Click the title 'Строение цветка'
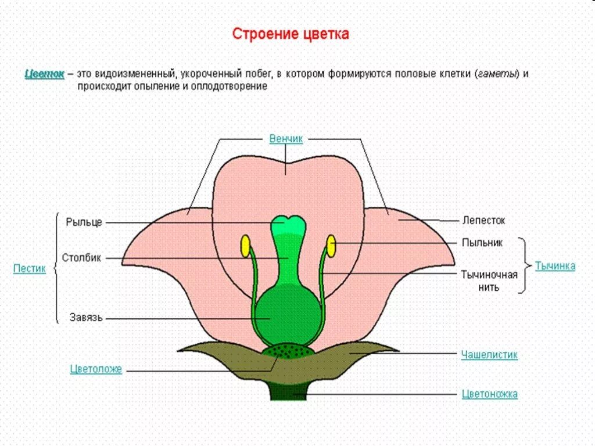(291, 34)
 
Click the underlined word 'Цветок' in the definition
(44, 74)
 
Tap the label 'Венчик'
(286, 139)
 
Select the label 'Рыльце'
(84, 222)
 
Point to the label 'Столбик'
(81, 257)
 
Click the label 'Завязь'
(86, 318)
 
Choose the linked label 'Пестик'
(29, 269)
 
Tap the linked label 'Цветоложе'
(96, 369)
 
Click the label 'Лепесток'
(484, 221)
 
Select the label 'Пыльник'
(482, 243)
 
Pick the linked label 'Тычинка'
(555, 266)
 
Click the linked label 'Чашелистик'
(489, 354)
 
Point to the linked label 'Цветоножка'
(489, 394)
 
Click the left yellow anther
(246, 246)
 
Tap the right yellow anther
(331, 246)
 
